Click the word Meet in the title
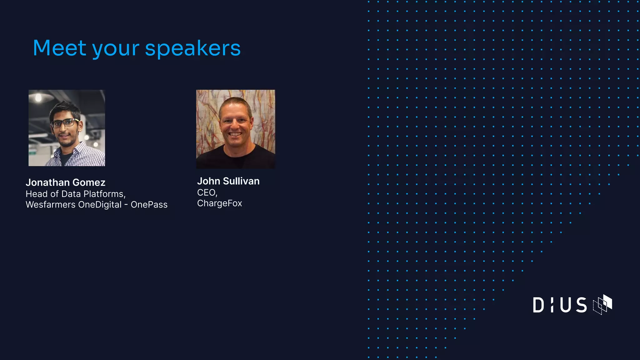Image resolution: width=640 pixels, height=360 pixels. (x=59, y=48)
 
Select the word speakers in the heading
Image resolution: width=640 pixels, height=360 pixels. (x=193, y=49)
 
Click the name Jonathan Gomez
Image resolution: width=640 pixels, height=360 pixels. (x=66, y=182)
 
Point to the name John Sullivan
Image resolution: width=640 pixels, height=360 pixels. (x=228, y=181)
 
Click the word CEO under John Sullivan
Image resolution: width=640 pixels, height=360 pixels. (x=207, y=192)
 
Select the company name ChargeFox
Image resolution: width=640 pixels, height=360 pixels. (x=219, y=203)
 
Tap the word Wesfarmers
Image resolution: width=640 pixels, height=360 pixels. (x=51, y=205)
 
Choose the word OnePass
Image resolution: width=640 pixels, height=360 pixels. (x=149, y=205)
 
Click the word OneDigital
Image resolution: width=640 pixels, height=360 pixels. (x=100, y=205)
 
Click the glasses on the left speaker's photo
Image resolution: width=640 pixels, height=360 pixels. (x=64, y=123)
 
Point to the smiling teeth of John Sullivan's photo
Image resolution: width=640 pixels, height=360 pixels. (x=235, y=134)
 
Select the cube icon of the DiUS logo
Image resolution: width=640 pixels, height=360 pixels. (x=602, y=304)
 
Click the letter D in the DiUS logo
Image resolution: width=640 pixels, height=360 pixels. (x=538, y=305)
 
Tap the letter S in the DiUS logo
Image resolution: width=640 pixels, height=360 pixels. (x=582, y=305)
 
